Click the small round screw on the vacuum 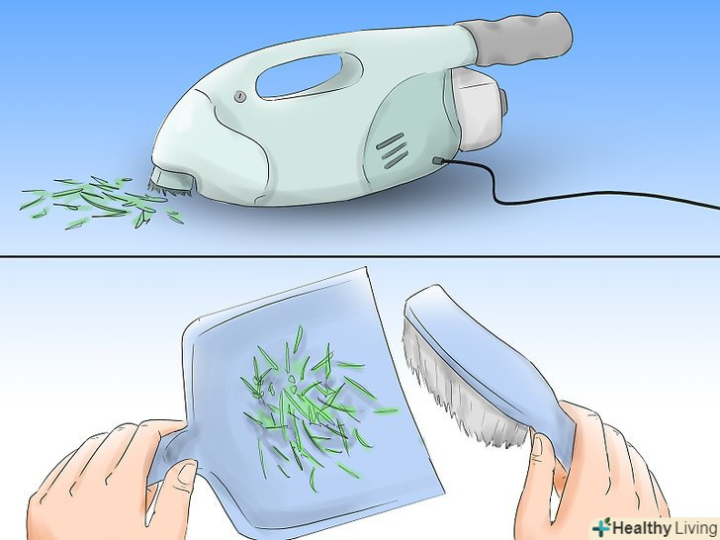pyautogui.click(x=239, y=97)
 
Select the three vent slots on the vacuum pyautogui.click(x=392, y=149)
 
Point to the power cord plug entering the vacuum pyautogui.click(x=439, y=161)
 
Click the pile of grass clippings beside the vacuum pyautogui.click(x=101, y=202)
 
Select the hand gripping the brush pyautogui.click(x=592, y=473)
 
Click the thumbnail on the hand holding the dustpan pyautogui.click(x=187, y=473)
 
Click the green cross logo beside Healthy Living pyautogui.click(x=601, y=527)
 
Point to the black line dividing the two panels pyautogui.click(x=360, y=256)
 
